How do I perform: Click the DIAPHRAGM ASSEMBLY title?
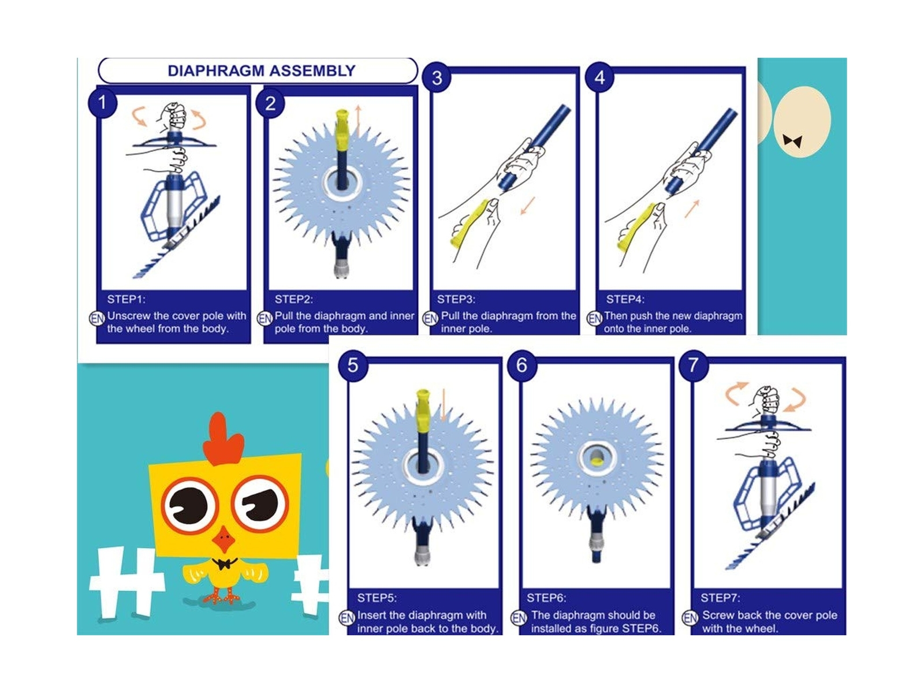coord(262,70)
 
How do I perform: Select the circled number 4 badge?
coord(599,77)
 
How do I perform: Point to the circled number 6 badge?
coord(521,365)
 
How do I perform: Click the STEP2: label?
coord(294,299)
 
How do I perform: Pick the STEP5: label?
coord(377,598)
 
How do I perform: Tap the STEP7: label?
coord(720,598)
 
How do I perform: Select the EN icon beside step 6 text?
coord(519,618)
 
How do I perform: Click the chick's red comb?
coord(222,438)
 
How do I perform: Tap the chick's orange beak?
coord(224,539)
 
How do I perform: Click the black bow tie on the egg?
coord(792,141)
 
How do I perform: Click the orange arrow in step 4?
coord(692,208)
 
